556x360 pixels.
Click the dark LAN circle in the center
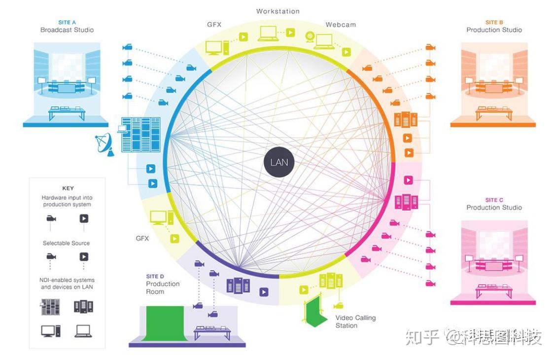pos(279,162)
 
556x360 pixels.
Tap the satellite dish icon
pos(104,144)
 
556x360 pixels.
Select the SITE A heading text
pos(67,22)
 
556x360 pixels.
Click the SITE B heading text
pos(494,22)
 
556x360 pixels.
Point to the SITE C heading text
pos(494,200)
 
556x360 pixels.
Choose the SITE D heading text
pos(155,276)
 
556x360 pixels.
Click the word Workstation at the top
pos(278,11)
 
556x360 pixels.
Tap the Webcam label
pos(340,25)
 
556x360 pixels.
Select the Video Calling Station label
pos(355,322)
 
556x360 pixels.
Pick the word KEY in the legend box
pos(68,188)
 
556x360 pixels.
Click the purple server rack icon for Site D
pos(238,286)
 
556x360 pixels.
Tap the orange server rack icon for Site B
pos(405,119)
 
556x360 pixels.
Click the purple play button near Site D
pos(264,292)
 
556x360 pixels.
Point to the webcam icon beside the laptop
pos(311,36)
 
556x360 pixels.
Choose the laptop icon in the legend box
pos(83,331)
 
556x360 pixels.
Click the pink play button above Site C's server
pos(408,180)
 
